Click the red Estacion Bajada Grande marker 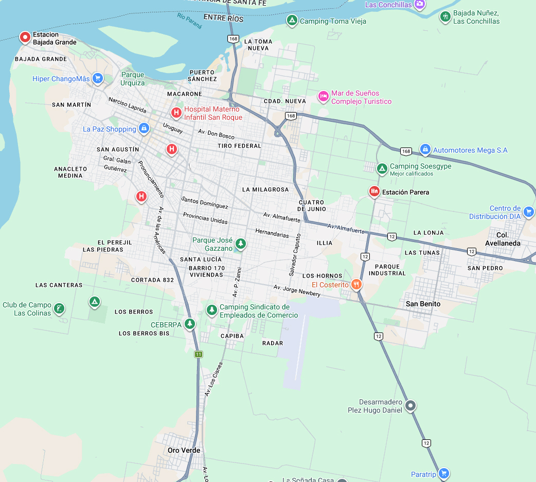[25, 37]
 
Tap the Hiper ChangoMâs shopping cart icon [97, 79]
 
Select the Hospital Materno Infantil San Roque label [213, 113]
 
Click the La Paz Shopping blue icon [144, 128]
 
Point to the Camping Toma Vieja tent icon [292, 21]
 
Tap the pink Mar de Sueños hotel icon [323, 96]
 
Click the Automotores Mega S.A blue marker [425, 150]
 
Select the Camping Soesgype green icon [382, 169]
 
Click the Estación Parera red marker [374, 192]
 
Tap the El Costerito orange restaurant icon [355, 284]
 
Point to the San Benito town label [423, 304]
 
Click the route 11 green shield [199, 354]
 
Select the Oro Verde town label [184, 450]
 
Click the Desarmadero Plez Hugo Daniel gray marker [410, 406]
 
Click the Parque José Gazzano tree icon [240, 244]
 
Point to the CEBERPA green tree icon [190, 324]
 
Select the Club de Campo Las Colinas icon [59, 308]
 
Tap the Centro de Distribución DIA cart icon [528, 212]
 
